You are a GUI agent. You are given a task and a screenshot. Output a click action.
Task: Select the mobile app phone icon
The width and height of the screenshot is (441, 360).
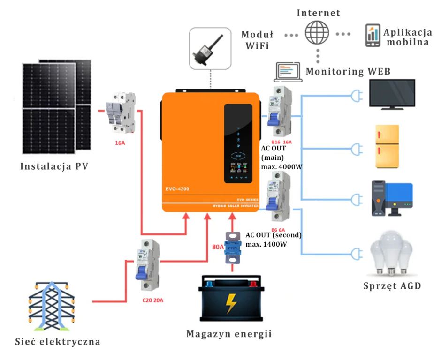(373, 36)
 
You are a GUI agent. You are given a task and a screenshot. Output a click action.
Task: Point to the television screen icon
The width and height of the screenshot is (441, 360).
(392, 94)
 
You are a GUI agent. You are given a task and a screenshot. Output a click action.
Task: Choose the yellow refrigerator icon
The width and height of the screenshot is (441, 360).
(387, 146)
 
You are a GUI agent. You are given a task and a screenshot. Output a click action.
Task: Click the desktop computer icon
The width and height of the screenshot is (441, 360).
(392, 198)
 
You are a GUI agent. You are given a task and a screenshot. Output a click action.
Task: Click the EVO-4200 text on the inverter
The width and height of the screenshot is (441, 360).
(177, 189)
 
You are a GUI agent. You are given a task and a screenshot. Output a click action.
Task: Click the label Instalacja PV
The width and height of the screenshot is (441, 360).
(54, 166)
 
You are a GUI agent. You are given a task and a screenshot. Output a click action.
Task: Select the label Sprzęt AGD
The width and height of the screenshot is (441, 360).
(392, 286)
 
